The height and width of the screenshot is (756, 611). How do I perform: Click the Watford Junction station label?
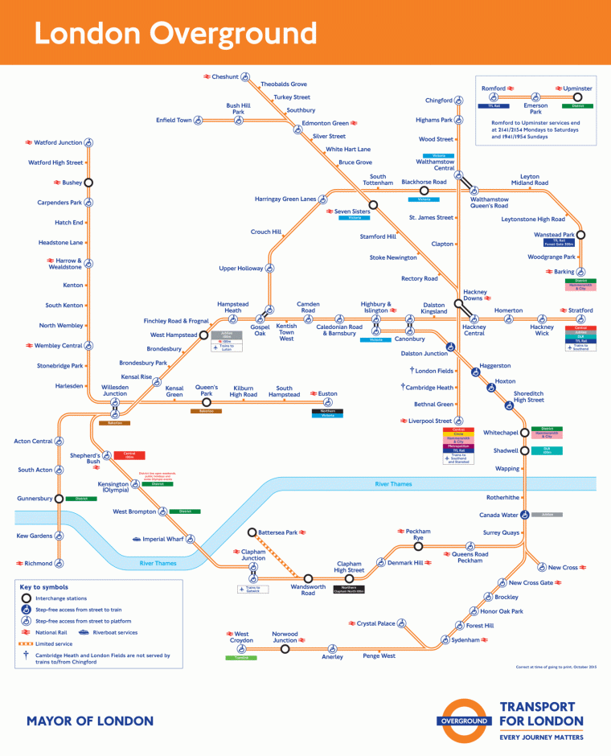(x=58, y=142)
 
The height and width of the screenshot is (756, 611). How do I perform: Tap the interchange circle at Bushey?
(x=88, y=183)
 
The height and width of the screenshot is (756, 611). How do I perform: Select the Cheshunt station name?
(x=225, y=76)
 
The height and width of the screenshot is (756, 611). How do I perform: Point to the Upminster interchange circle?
(x=577, y=97)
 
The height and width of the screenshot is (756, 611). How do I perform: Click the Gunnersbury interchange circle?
(x=59, y=499)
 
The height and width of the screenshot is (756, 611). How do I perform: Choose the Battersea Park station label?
(x=279, y=532)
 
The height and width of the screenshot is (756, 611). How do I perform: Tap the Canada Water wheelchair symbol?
(x=524, y=515)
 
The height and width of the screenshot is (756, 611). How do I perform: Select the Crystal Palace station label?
(x=376, y=623)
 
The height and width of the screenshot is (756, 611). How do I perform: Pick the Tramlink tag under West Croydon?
(x=241, y=657)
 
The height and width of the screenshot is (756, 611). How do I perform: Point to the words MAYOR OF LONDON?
(x=90, y=721)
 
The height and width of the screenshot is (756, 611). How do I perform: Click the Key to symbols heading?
(x=44, y=587)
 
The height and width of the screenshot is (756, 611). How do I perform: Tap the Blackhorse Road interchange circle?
(x=424, y=191)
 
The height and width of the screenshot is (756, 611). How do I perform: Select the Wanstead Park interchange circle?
(x=580, y=236)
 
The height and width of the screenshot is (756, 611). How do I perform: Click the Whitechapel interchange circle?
(x=524, y=432)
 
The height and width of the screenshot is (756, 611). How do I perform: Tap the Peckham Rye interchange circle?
(x=418, y=546)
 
